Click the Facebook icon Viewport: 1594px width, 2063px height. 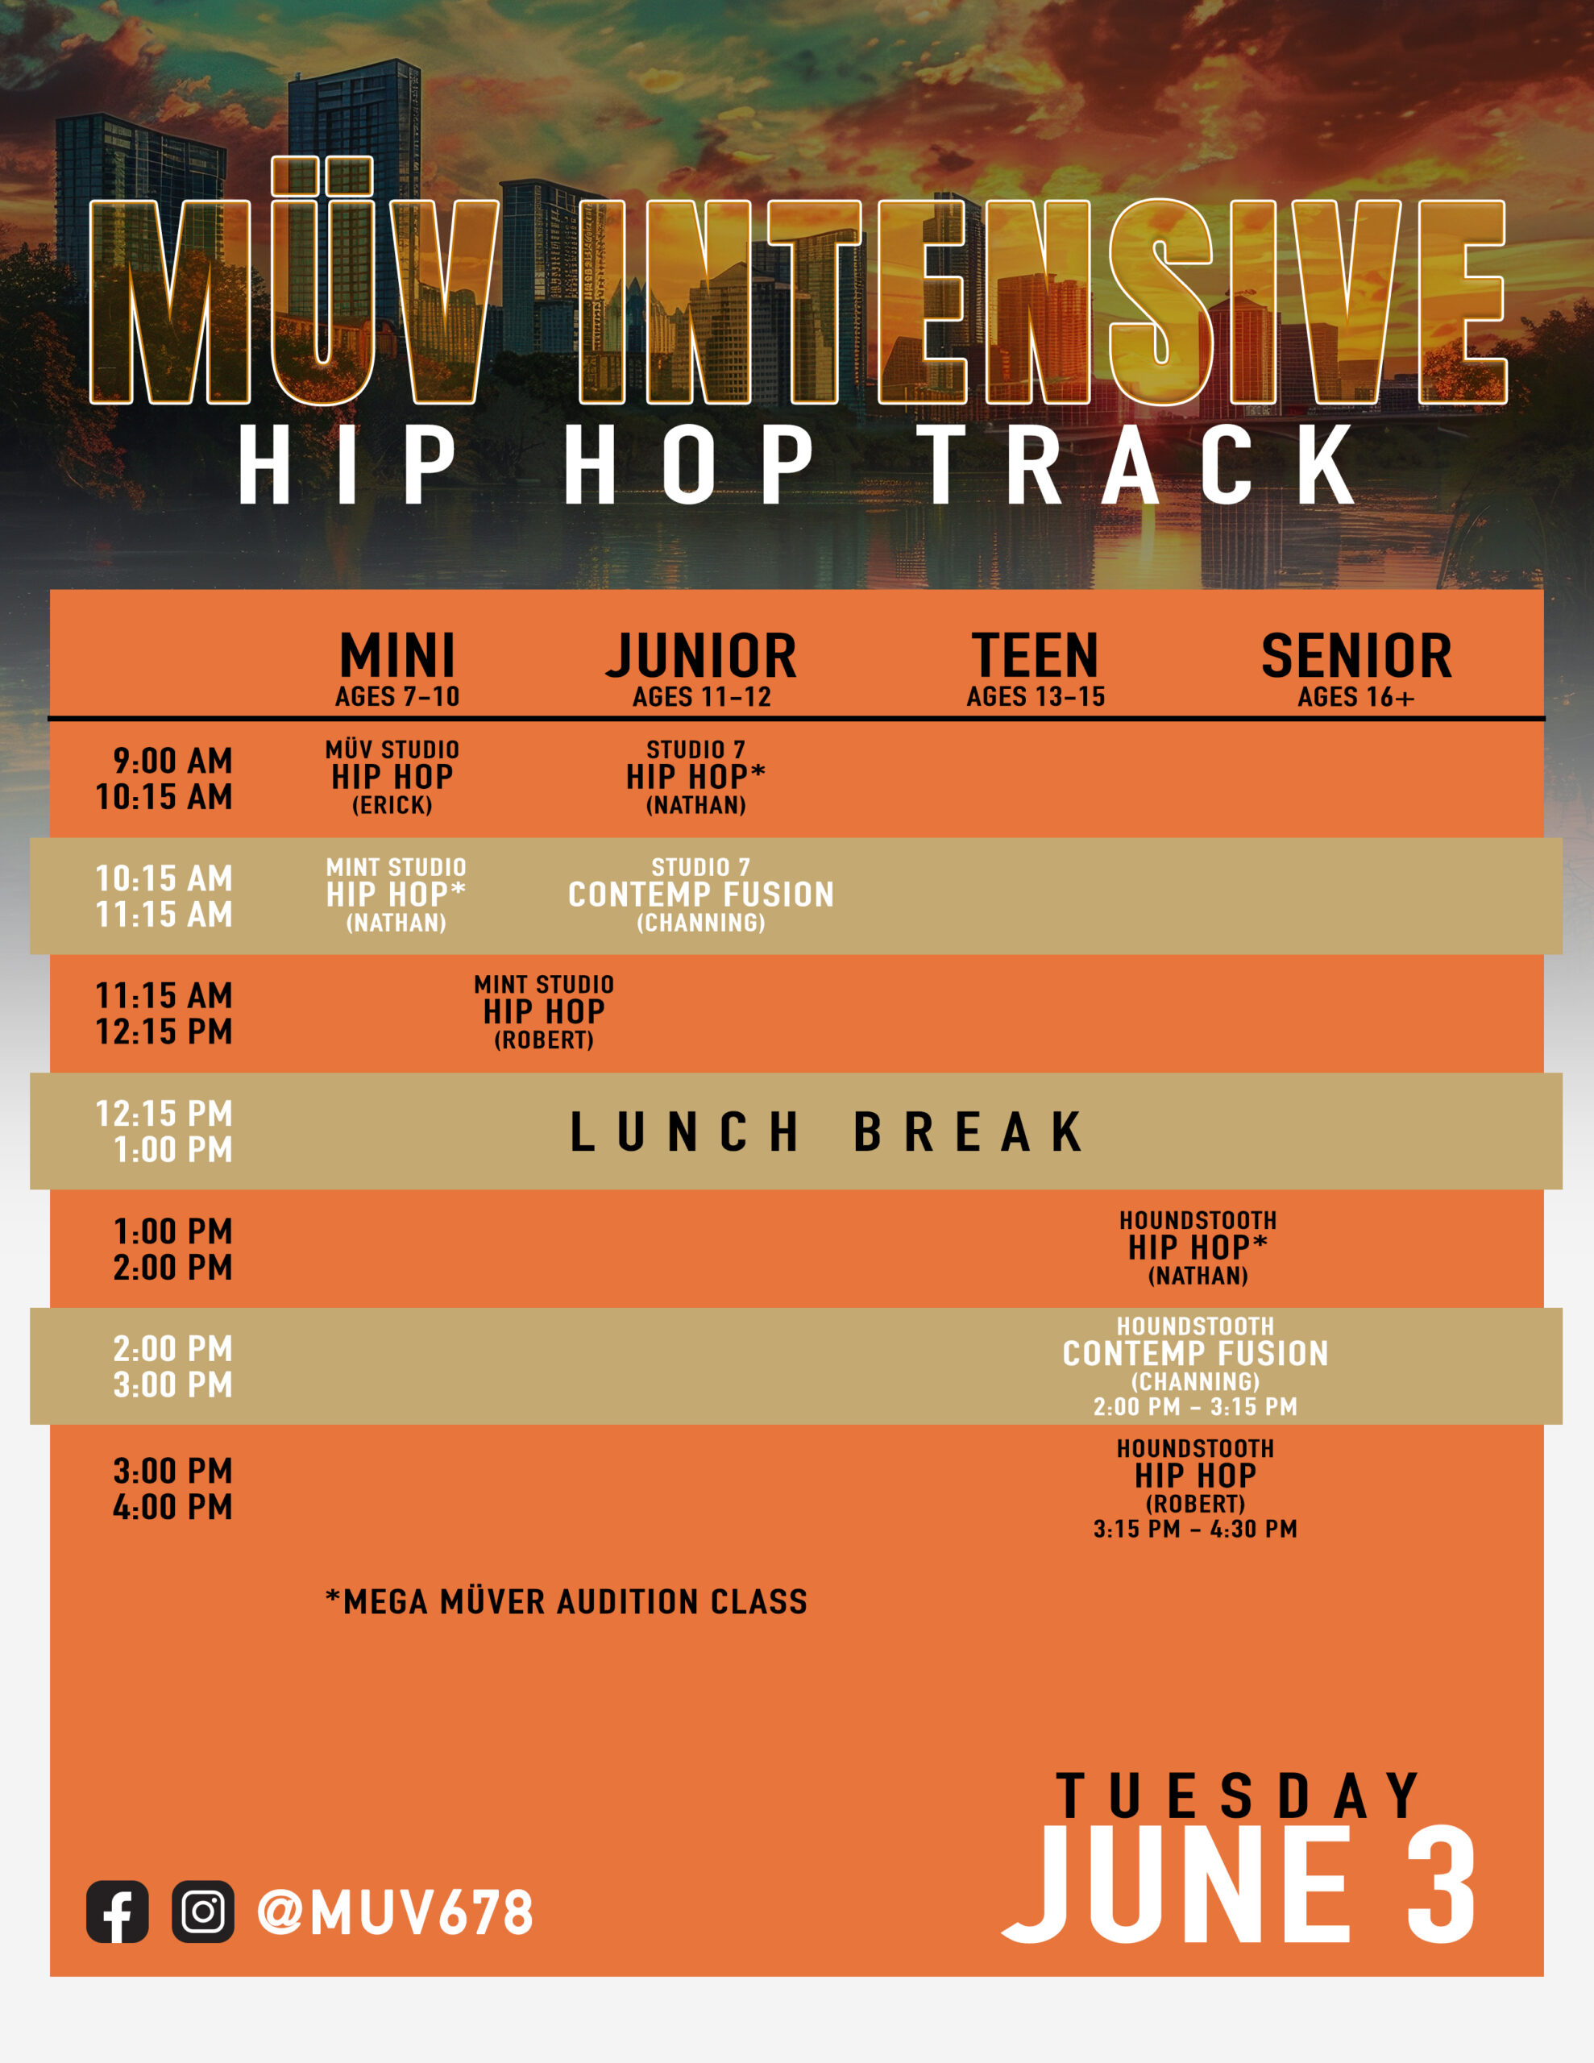[x=117, y=1911]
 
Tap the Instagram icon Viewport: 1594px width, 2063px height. [x=203, y=1911]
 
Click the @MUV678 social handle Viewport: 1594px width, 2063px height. [x=395, y=1913]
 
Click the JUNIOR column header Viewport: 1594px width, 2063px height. [x=701, y=655]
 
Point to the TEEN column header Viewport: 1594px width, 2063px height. [x=1036, y=655]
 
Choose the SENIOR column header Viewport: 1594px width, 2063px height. [x=1356, y=655]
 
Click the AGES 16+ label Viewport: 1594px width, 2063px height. [x=1356, y=697]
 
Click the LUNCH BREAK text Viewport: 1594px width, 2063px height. [x=827, y=1131]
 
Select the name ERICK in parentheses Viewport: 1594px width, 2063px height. [x=392, y=805]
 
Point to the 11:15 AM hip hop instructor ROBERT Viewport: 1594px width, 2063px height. [x=544, y=1040]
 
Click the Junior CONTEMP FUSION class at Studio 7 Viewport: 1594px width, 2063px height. [x=701, y=895]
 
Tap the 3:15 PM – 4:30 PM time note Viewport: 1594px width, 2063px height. [x=1195, y=1529]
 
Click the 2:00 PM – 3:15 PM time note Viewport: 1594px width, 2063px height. [x=1195, y=1406]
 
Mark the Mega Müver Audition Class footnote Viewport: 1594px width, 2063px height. [x=566, y=1602]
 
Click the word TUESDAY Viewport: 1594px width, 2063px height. [x=1238, y=1795]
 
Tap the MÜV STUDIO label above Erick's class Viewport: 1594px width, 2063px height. [x=392, y=749]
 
